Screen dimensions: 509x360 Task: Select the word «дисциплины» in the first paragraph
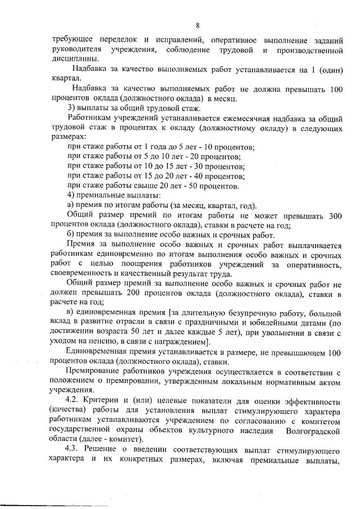click(x=73, y=59)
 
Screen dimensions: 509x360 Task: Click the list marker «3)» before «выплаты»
click(x=71, y=107)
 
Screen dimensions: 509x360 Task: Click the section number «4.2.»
click(x=75, y=401)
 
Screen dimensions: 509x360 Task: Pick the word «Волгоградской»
click(x=313, y=430)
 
